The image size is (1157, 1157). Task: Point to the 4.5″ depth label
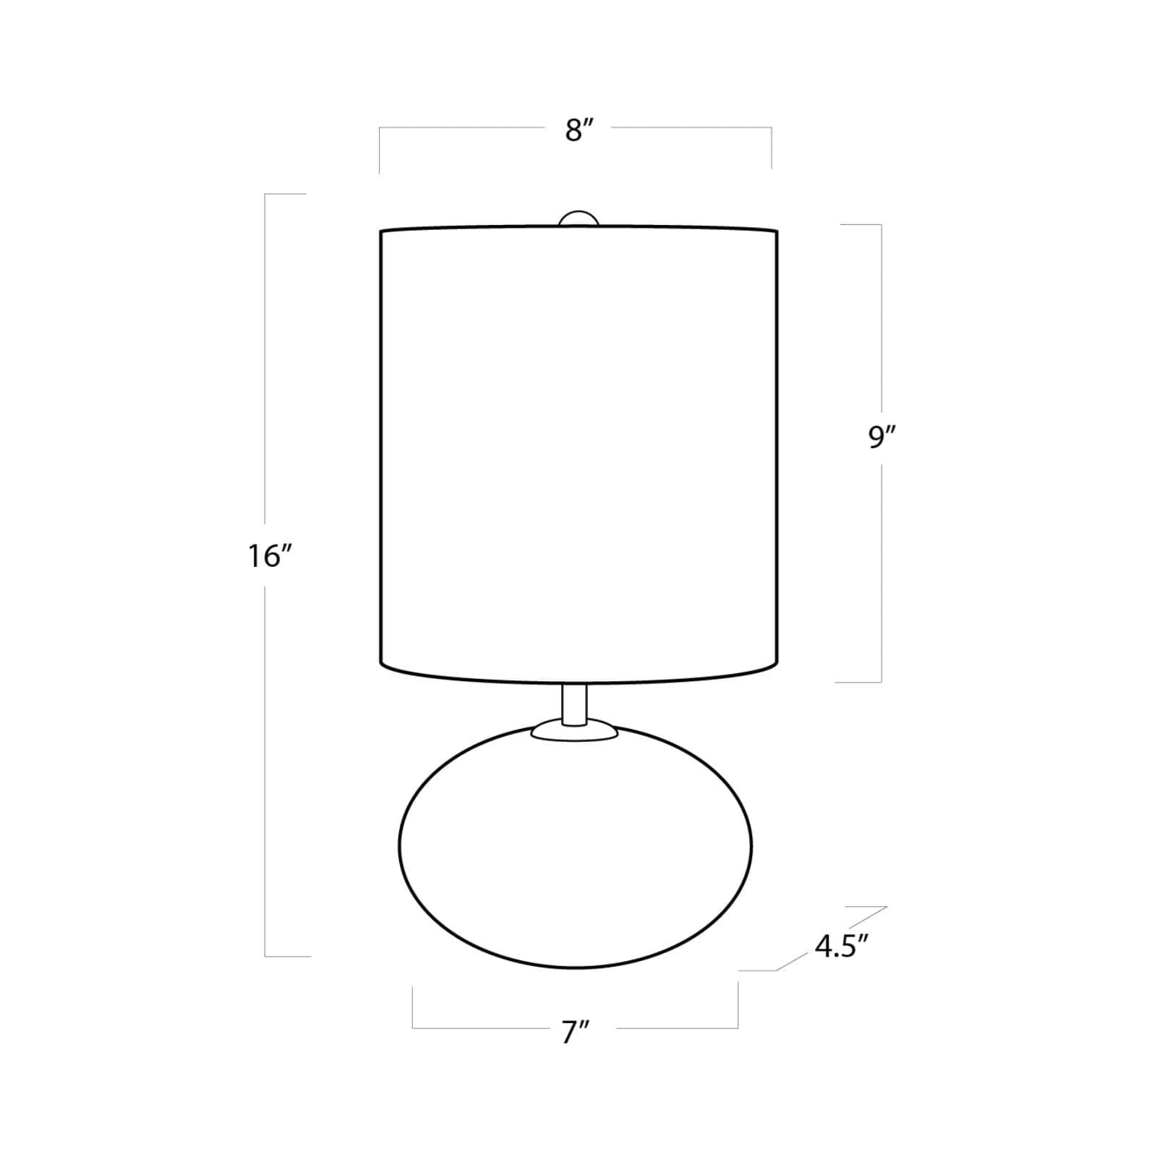[840, 946]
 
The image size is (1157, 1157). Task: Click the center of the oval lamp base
[576, 846]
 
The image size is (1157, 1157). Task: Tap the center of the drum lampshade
[578, 456]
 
